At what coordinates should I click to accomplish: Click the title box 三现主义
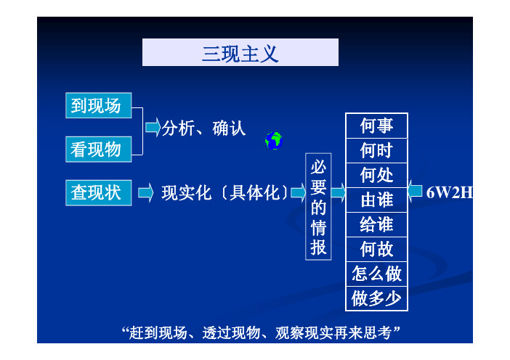tap(240, 52)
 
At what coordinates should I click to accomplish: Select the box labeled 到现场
tap(99, 105)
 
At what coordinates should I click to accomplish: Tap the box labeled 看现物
tap(99, 149)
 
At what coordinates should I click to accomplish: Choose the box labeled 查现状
tap(99, 192)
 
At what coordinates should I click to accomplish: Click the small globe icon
tap(274, 141)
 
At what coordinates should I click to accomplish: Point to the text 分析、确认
tap(203, 128)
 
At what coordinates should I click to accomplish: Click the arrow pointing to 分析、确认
tap(153, 127)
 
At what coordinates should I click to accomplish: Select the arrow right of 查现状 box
tap(145, 192)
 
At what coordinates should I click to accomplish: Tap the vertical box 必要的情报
tap(318, 207)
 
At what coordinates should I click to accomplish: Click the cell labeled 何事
tap(376, 126)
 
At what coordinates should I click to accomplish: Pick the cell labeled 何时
tap(376, 151)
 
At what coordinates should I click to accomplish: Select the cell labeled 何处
tap(376, 176)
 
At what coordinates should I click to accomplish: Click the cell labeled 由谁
tap(376, 200)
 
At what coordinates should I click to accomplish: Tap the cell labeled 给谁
tap(376, 225)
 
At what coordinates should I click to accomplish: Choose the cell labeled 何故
tap(376, 250)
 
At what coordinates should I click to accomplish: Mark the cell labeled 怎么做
tap(376, 274)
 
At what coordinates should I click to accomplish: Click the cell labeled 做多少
tap(376, 298)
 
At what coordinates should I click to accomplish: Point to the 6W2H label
tap(450, 192)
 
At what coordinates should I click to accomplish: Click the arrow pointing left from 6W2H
tap(415, 191)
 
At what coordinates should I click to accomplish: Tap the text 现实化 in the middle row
tap(187, 192)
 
